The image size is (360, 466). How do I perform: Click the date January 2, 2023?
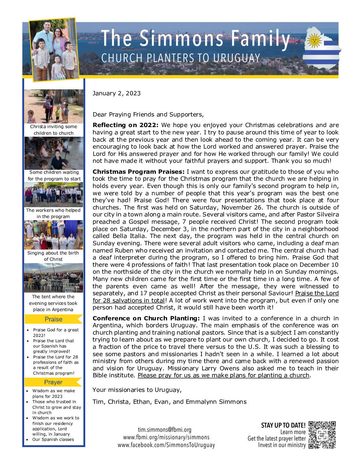click(x=116, y=93)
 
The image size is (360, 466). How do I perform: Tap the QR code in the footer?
click(x=322, y=435)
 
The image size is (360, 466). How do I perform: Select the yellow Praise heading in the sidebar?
click(x=53, y=319)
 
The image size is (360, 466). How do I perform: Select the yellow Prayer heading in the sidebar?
click(x=53, y=382)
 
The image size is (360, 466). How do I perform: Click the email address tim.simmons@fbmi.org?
click(x=164, y=430)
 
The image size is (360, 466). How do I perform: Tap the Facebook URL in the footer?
click(x=166, y=445)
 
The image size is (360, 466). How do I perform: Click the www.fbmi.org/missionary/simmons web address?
click(x=166, y=437)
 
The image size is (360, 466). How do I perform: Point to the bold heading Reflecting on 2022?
click(x=125, y=125)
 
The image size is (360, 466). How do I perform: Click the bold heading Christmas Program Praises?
click(x=138, y=172)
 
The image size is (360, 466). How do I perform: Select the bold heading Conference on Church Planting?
click(x=146, y=318)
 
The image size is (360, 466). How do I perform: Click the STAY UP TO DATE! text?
click(x=283, y=425)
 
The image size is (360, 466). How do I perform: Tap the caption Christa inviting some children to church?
click(x=54, y=130)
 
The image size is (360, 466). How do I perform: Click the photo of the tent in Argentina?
click(x=54, y=278)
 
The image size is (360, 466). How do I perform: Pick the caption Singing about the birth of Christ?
click(x=53, y=256)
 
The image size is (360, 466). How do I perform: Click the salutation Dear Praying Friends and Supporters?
click(x=148, y=115)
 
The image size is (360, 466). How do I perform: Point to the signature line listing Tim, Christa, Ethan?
click(x=169, y=402)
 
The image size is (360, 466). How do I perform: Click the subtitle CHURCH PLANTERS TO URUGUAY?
click(x=181, y=58)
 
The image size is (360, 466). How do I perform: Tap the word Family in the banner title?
click(x=260, y=39)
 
